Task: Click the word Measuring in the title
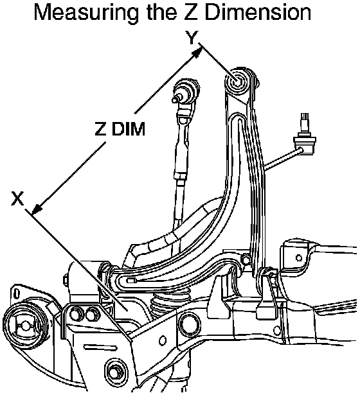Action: [x=86, y=13]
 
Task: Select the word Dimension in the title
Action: [x=258, y=12]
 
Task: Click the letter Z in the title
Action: [x=190, y=12]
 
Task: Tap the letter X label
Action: [x=17, y=198]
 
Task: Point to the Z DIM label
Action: [x=120, y=129]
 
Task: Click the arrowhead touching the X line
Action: [x=37, y=209]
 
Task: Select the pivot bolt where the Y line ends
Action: [x=237, y=82]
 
